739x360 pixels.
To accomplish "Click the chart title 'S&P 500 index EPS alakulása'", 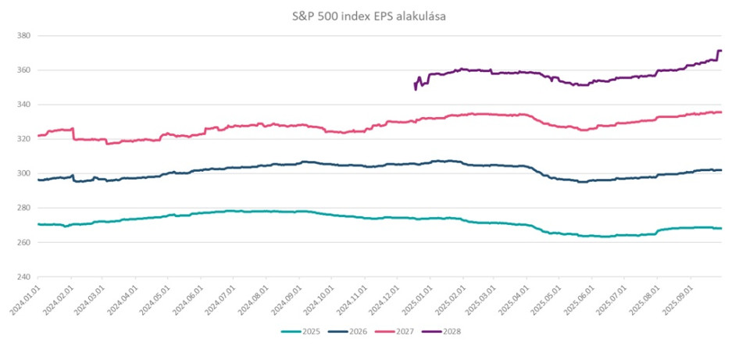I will (x=369, y=16).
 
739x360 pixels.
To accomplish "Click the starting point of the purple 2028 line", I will (x=414, y=83).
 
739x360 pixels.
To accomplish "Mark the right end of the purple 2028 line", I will (x=720, y=51).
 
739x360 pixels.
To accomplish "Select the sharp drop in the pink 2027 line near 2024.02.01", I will (x=73, y=134).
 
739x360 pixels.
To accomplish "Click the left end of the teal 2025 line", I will (x=37, y=224).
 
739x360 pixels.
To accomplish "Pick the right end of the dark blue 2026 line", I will (x=720, y=169).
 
